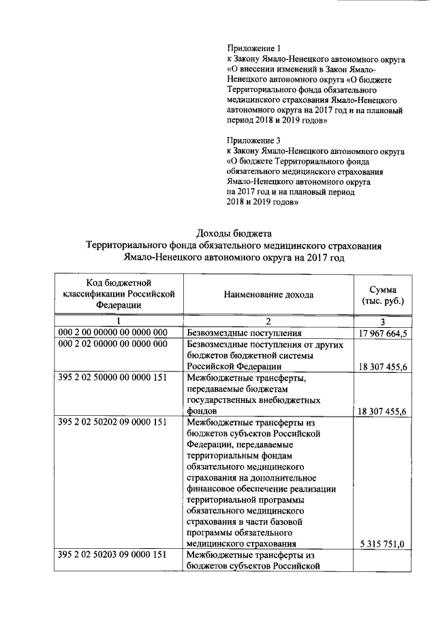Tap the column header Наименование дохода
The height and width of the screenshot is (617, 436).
pos(268,295)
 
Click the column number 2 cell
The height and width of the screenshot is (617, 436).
pos(268,322)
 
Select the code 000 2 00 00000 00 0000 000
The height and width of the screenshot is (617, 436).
pos(113,333)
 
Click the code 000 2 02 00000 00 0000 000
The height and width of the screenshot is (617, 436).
pos(113,344)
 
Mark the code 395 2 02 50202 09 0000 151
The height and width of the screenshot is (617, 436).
pos(113,422)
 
